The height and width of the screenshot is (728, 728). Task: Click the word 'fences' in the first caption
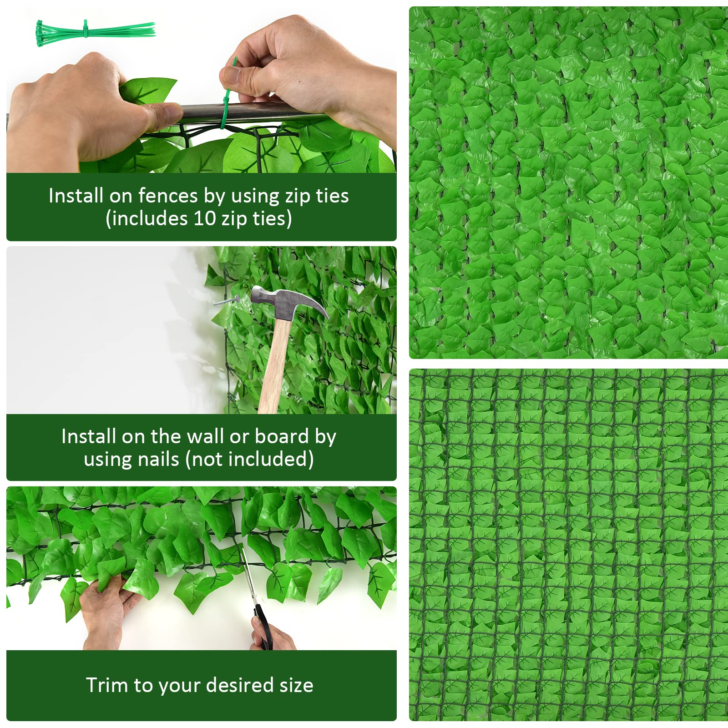click(x=168, y=196)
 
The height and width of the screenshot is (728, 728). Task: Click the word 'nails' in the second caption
click(x=159, y=459)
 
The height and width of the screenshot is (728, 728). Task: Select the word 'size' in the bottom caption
click(x=296, y=685)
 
